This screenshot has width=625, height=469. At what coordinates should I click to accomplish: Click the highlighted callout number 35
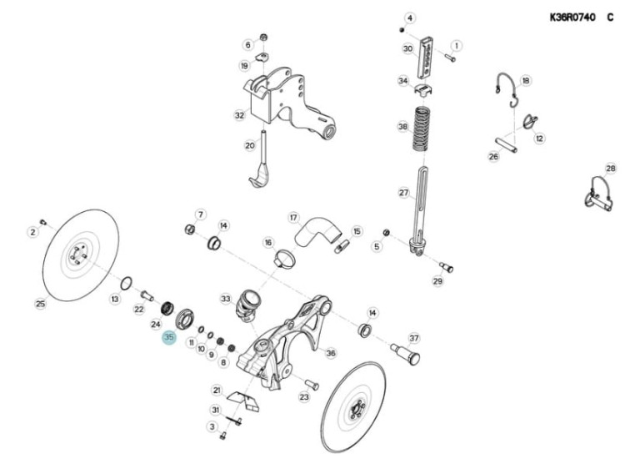click(x=169, y=337)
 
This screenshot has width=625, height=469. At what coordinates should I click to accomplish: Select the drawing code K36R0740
click(x=572, y=18)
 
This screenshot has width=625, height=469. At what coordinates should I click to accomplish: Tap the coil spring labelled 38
click(x=421, y=129)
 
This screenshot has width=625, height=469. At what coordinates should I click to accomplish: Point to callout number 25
click(x=41, y=304)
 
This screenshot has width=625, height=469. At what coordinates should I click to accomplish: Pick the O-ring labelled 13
click(x=125, y=284)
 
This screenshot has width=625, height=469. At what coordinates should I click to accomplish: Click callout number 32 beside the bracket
click(x=239, y=115)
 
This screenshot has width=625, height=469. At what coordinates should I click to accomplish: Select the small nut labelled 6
click(x=263, y=38)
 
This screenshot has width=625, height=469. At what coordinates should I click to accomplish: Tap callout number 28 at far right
click(x=611, y=169)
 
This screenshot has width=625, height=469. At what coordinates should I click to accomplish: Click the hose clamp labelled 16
click(x=285, y=258)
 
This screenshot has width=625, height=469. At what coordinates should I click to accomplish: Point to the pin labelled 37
click(x=405, y=353)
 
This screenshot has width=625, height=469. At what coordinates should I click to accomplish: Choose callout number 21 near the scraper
click(x=217, y=390)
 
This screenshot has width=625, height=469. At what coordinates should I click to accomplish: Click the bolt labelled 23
click(x=312, y=385)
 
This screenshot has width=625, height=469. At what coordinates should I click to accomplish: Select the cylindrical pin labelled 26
click(x=507, y=144)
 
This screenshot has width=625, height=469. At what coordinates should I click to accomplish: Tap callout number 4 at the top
click(x=410, y=18)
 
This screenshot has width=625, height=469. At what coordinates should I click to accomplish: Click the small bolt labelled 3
click(x=222, y=436)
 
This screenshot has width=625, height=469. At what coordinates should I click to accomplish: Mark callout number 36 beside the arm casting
click(x=331, y=353)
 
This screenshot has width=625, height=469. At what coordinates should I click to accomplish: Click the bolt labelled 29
click(x=446, y=267)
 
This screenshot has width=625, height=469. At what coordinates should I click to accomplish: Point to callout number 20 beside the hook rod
click(x=249, y=145)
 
